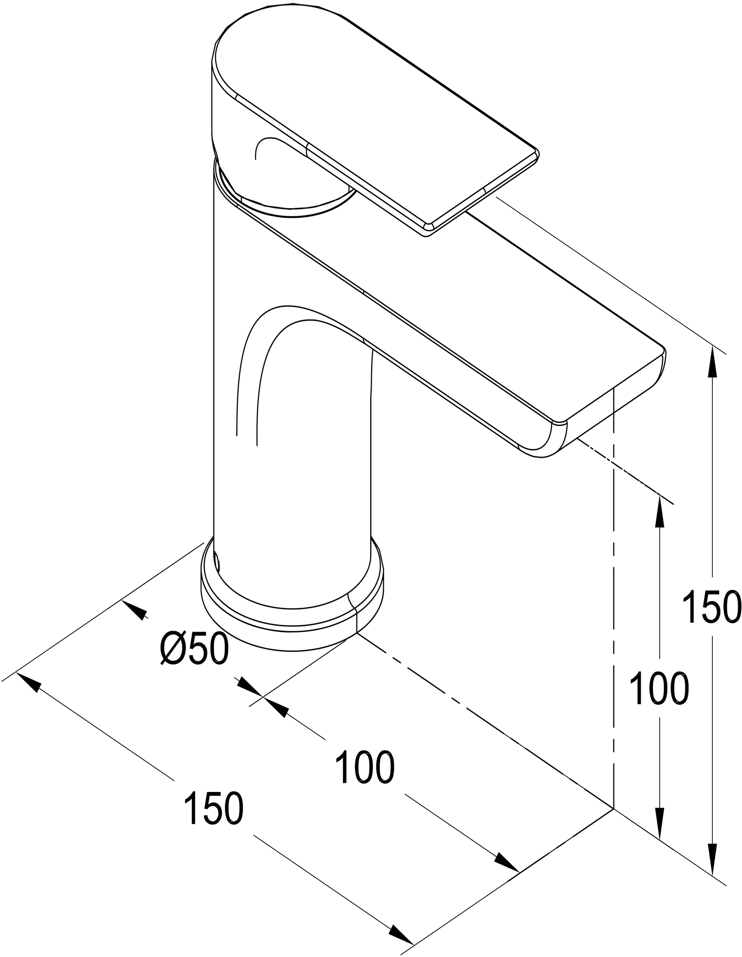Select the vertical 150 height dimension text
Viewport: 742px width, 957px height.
pos(710,606)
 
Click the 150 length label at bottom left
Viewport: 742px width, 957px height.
pos(214,808)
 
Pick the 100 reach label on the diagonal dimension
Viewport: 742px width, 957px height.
pos(365,768)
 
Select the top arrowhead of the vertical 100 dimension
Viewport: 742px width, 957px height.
pos(660,510)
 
